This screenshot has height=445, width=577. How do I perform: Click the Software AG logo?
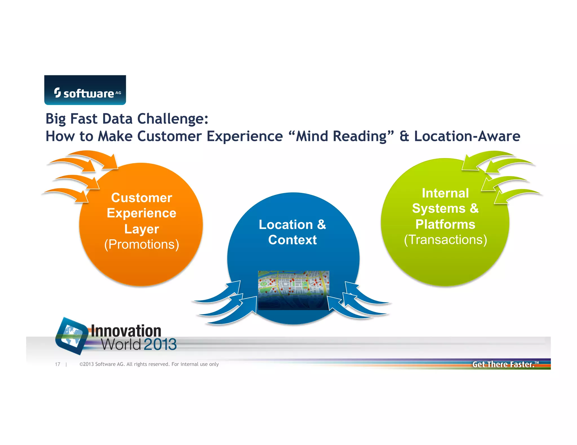click(x=85, y=90)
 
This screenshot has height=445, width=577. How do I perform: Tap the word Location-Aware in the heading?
click(x=467, y=136)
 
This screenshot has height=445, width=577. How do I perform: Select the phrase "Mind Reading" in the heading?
click(x=341, y=136)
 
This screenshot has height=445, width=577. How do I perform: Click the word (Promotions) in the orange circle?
click(x=141, y=244)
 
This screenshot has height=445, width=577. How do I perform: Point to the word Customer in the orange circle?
click(x=141, y=198)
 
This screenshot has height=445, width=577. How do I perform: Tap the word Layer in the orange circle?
click(x=141, y=229)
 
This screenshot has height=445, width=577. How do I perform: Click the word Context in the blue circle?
click(x=292, y=240)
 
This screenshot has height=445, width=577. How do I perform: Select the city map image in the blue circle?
click(x=294, y=290)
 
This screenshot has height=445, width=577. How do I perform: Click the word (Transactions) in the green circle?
click(x=445, y=240)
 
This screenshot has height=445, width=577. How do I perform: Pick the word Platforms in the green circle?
click(x=445, y=224)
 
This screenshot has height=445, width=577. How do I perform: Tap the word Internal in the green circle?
click(x=445, y=193)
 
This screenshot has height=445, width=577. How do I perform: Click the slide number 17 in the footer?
click(x=57, y=364)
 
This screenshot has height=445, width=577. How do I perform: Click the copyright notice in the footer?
click(x=149, y=364)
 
